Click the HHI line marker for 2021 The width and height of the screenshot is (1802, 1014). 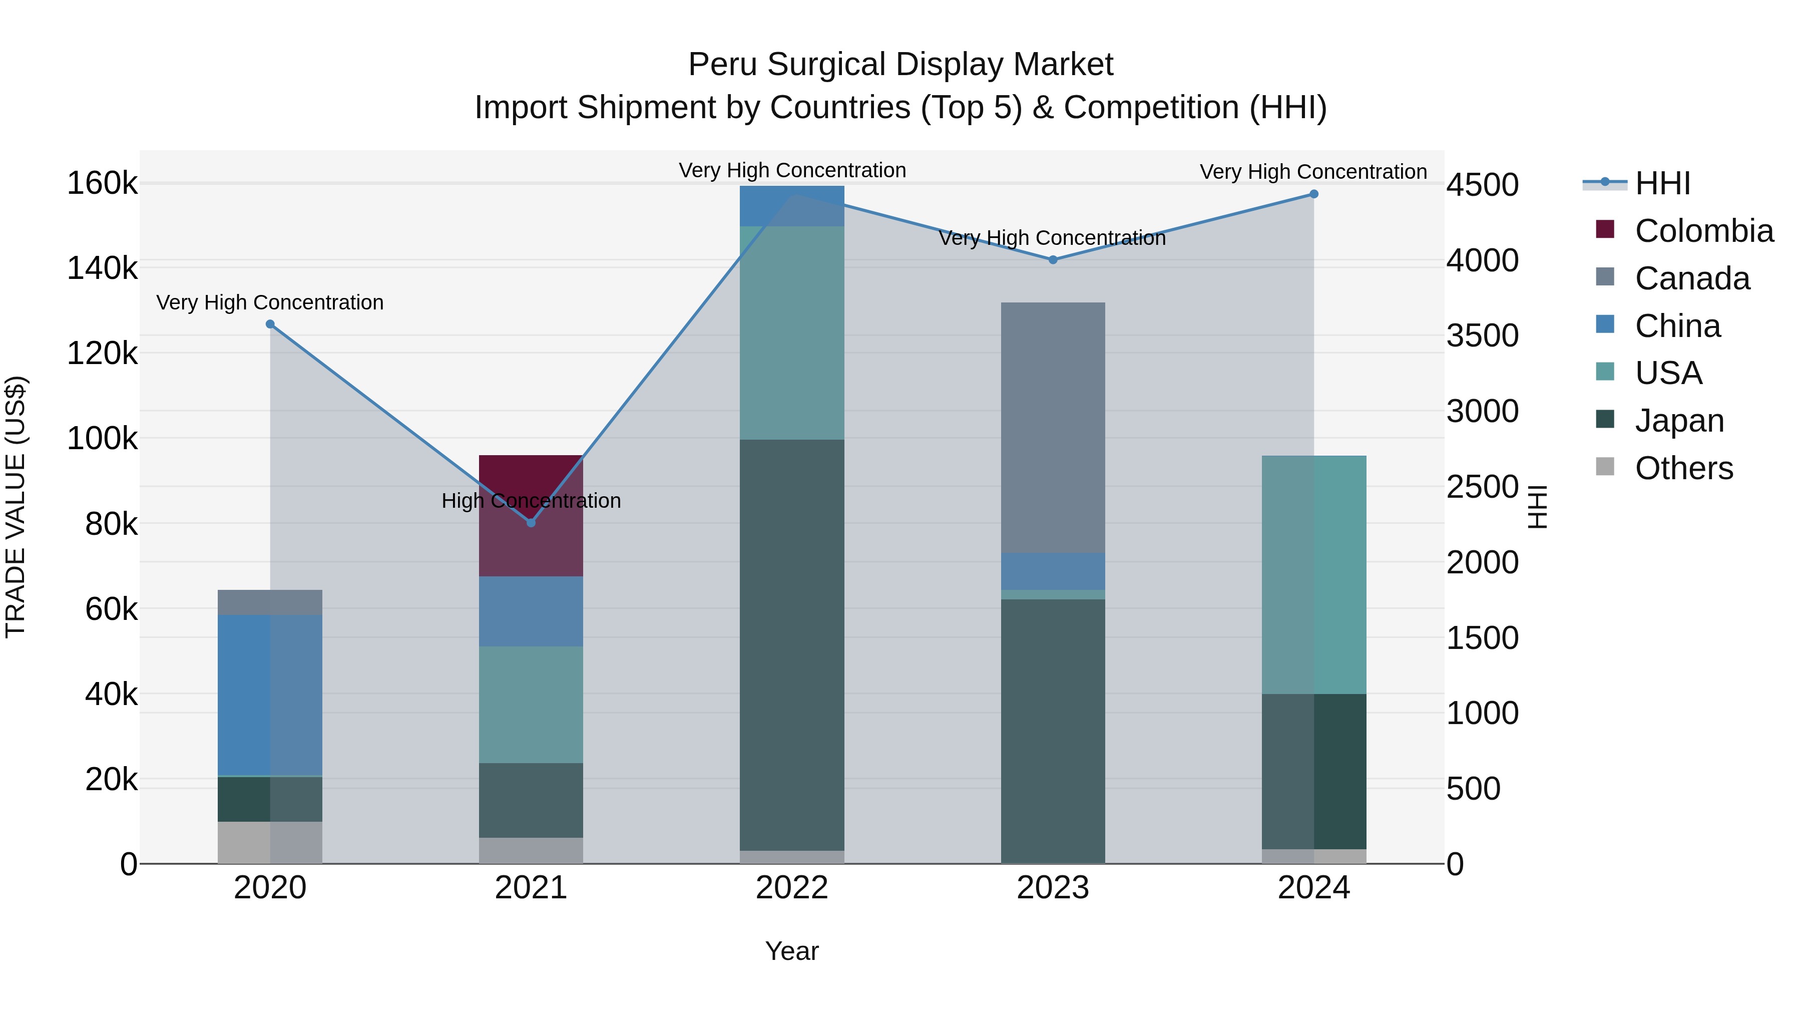(x=531, y=523)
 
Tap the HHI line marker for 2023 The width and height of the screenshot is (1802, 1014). (x=1053, y=259)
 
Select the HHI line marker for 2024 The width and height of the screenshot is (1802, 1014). (x=1314, y=194)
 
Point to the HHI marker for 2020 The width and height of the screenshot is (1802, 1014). (x=270, y=324)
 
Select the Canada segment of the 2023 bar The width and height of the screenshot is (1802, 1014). (x=1053, y=427)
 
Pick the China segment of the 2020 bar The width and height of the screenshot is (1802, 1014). (x=270, y=695)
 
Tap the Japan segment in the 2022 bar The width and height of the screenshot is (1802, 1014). (x=792, y=644)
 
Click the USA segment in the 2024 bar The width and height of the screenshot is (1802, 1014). (x=1314, y=574)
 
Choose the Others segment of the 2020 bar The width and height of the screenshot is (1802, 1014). (x=270, y=843)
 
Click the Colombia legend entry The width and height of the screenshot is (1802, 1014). (x=1704, y=231)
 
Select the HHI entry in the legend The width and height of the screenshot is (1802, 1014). (x=1662, y=183)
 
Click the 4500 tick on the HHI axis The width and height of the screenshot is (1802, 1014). (x=1482, y=185)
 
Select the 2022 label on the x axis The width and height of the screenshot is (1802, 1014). (x=792, y=888)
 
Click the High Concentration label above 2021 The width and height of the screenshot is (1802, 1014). (x=531, y=501)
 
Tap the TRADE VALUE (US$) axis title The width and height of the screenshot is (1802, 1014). (x=16, y=507)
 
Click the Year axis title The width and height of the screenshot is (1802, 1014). (x=792, y=951)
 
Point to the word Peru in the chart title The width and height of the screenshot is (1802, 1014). (x=723, y=65)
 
